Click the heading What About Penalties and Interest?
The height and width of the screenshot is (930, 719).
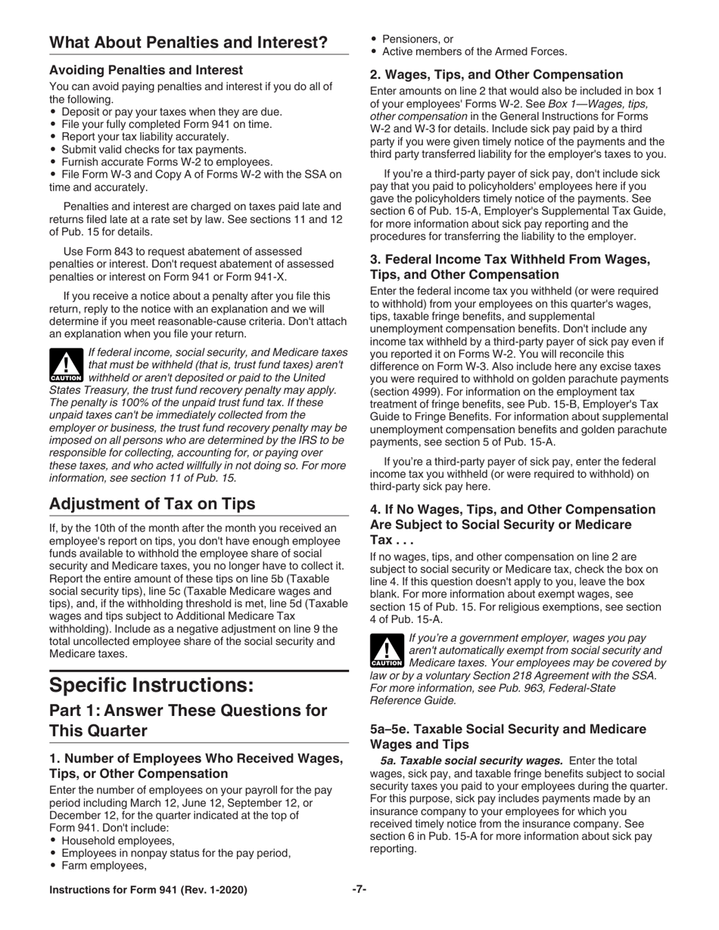point(188,43)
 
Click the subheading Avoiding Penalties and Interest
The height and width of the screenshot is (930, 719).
point(146,70)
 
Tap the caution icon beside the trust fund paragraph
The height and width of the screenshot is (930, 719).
point(66,366)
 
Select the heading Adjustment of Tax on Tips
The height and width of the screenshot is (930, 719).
point(152,504)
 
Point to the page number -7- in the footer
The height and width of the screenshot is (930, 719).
point(359,890)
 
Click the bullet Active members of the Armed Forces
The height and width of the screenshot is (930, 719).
point(474,51)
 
